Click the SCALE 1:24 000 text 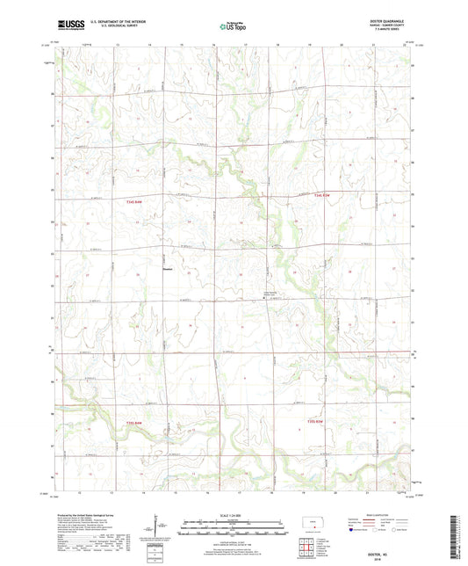[232, 514]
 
